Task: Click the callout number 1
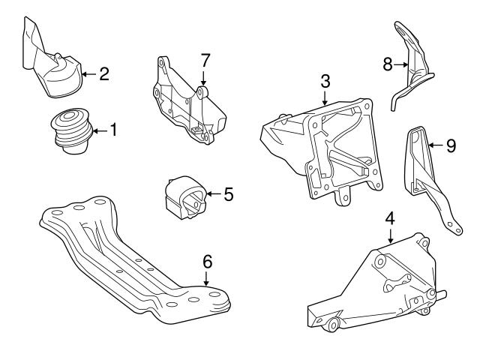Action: pos(113,130)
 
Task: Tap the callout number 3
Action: pos(324,79)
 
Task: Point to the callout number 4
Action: pos(390,218)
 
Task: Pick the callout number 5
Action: pos(228,194)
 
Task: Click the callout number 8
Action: pos(388,65)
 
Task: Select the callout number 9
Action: pos(450,145)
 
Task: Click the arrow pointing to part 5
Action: pos(213,194)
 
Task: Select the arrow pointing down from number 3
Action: pos(324,97)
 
